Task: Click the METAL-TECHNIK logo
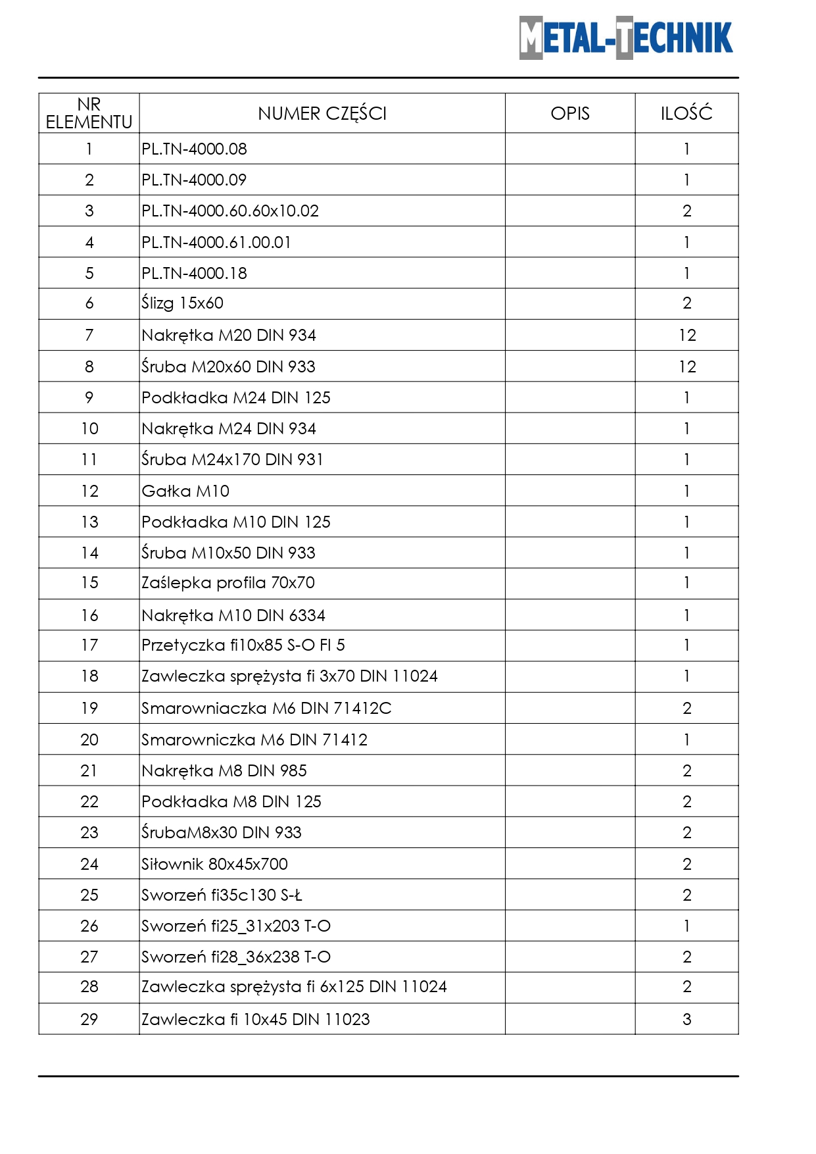coord(625,38)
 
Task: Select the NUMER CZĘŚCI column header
coord(322,114)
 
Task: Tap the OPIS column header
coord(570,114)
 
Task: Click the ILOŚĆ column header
coord(686,114)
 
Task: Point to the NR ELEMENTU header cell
coord(89,114)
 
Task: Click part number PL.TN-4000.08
coord(195,149)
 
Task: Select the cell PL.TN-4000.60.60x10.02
coord(230,211)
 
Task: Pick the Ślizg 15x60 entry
coord(183,303)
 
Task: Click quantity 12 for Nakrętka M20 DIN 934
coord(687,336)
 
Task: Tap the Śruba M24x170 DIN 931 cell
coord(233,460)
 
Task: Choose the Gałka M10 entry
coord(186,491)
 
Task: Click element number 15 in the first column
coord(89,583)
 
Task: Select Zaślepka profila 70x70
coord(228,583)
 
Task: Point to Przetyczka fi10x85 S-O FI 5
coord(243,645)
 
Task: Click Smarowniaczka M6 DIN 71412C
coord(266,709)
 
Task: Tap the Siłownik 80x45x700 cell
coord(215,865)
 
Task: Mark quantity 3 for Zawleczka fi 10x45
coord(687,1020)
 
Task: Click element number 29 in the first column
coord(89,1020)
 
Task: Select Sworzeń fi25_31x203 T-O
coord(236,926)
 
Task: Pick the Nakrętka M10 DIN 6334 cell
coord(233,616)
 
